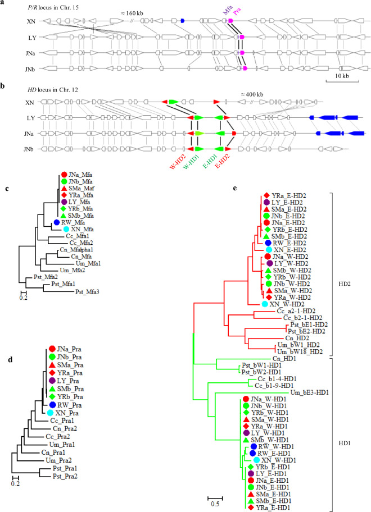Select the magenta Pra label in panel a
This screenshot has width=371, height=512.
236,11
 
